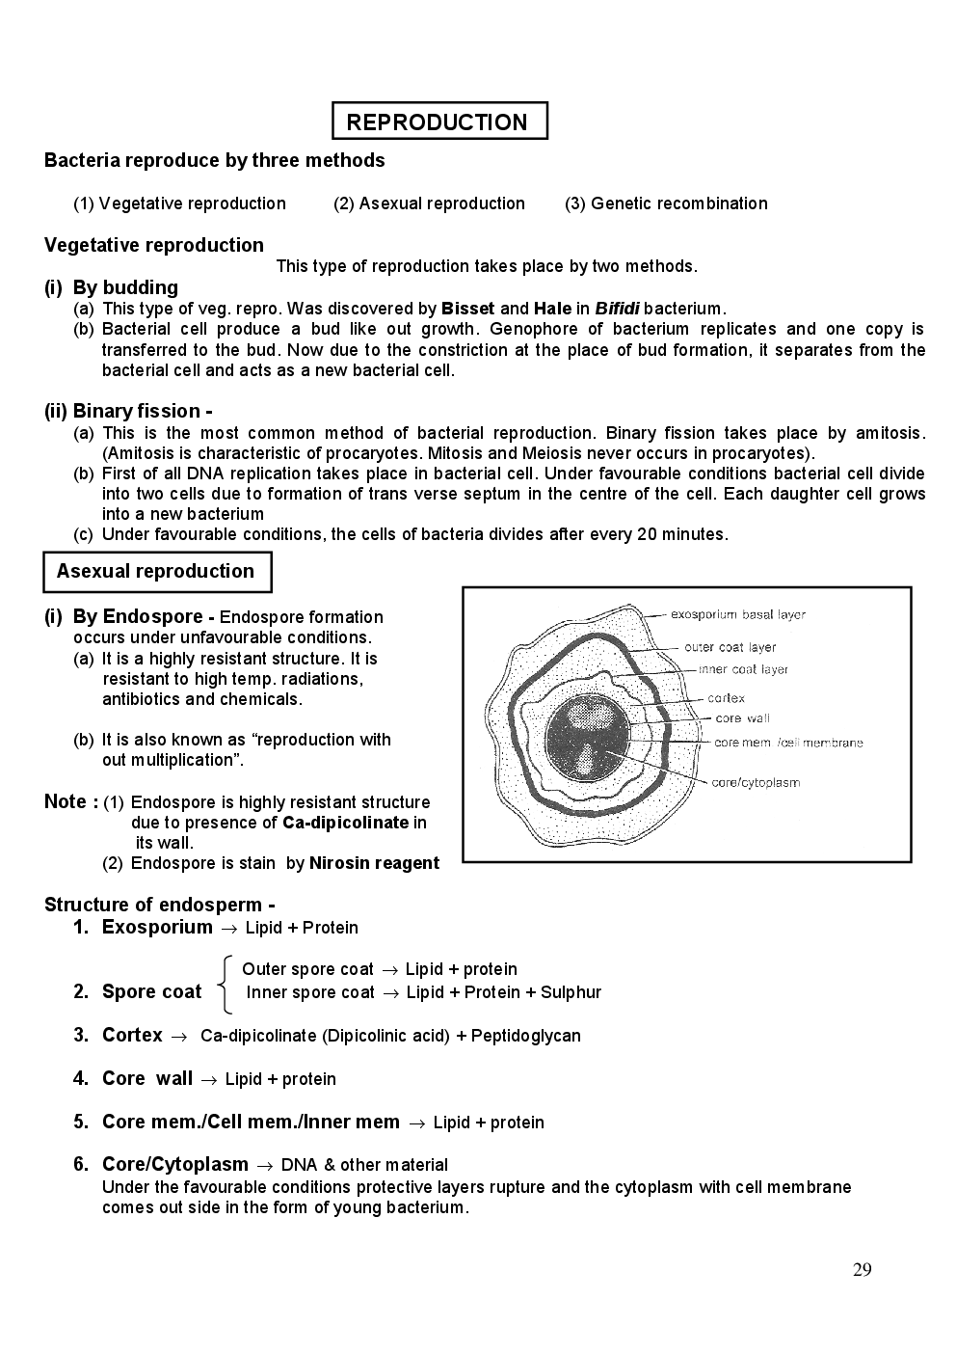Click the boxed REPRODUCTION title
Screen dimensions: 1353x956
pyautogui.click(x=438, y=122)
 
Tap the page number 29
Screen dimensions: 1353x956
pyautogui.click(x=862, y=1269)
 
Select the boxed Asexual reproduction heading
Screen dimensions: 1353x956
pyautogui.click(x=156, y=571)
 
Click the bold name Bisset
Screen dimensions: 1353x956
pyautogui.click(x=467, y=309)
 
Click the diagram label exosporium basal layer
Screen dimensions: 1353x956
pyautogui.click(x=737, y=614)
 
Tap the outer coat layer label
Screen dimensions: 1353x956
pyautogui.click(x=730, y=647)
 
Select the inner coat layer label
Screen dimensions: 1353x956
pyautogui.click(x=743, y=669)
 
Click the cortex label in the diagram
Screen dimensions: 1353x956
pyautogui.click(x=726, y=698)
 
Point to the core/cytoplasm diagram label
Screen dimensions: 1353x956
pyautogui.click(x=756, y=782)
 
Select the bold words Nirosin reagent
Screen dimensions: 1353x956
pyautogui.click(x=374, y=863)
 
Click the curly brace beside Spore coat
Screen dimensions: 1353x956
pyautogui.click(x=225, y=984)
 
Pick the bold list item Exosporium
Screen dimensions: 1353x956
pyautogui.click(x=157, y=927)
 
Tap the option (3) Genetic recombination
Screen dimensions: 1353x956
pyautogui.click(x=667, y=203)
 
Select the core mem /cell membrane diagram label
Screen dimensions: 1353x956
pyautogui.click(x=788, y=743)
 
